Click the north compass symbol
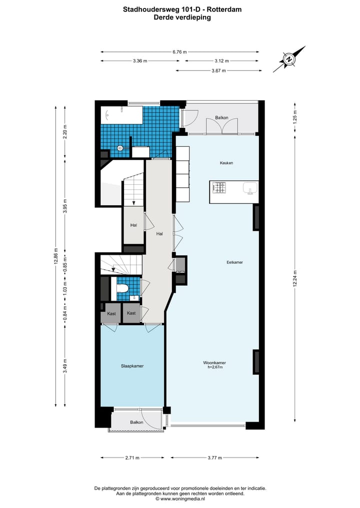point(289,59)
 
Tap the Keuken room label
point(226,163)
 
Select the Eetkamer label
point(234,261)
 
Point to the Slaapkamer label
point(132,366)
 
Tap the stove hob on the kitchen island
point(219,188)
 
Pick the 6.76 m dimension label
point(179,51)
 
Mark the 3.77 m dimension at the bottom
point(215,458)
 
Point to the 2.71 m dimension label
point(132,458)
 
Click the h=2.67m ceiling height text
point(214,368)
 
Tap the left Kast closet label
point(111,313)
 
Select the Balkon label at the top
point(221,118)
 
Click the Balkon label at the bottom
point(136,423)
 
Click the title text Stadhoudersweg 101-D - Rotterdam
point(182,9)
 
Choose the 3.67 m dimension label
point(217,70)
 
